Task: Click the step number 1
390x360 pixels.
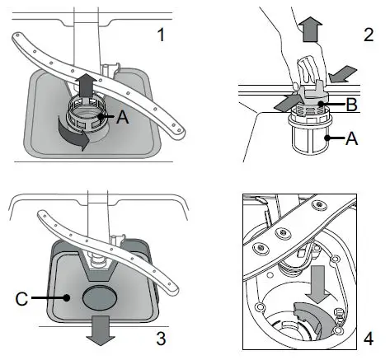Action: click(x=161, y=35)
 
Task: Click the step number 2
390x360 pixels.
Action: click(x=369, y=35)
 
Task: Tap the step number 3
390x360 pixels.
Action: click(x=161, y=339)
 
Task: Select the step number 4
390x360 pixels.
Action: click(x=369, y=339)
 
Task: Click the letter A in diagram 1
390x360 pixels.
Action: click(x=123, y=117)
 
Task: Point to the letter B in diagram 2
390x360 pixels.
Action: click(x=351, y=105)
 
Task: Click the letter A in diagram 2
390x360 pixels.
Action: click(x=351, y=138)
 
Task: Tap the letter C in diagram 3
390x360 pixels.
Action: click(x=21, y=298)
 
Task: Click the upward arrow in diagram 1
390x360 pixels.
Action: click(x=87, y=85)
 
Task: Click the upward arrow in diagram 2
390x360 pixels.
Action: click(x=310, y=29)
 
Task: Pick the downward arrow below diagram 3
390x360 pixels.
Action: click(x=101, y=330)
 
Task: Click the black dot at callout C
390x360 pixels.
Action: click(x=66, y=297)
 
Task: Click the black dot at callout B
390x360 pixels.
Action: click(x=321, y=104)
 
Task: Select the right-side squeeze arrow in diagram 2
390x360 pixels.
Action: click(x=343, y=74)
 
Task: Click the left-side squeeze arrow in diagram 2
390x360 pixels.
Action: click(x=286, y=103)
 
